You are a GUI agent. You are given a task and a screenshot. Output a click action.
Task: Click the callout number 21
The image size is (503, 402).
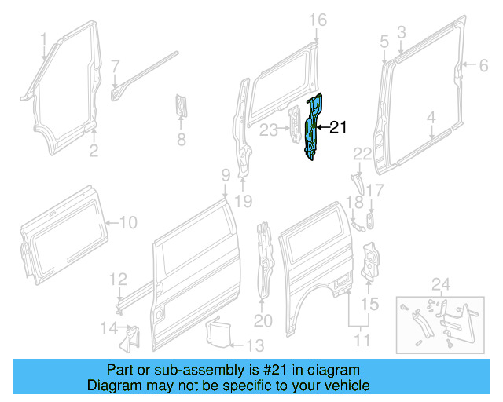(337, 127)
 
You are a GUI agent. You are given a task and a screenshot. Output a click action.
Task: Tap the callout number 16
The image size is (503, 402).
(317, 20)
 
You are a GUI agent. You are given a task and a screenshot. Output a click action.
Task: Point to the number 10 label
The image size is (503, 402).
(127, 223)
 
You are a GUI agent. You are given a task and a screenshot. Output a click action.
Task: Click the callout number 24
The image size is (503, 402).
(441, 283)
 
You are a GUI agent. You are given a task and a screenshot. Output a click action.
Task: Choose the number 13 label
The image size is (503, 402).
(255, 345)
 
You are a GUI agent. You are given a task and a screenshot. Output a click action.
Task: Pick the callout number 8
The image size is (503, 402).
(181, 141)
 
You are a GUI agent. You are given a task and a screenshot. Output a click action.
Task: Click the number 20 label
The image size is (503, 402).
(263, 320)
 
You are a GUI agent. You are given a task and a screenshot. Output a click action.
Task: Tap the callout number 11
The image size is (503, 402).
(362, 341)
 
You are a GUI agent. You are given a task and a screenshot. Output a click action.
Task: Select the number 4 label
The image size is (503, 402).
(431, 119)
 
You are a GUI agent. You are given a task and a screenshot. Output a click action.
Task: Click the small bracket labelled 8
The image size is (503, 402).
(181, 108)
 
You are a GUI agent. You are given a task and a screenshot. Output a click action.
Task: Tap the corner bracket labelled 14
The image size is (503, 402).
(125, 336)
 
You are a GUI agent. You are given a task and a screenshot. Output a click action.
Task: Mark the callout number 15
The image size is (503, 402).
(369, 303)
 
